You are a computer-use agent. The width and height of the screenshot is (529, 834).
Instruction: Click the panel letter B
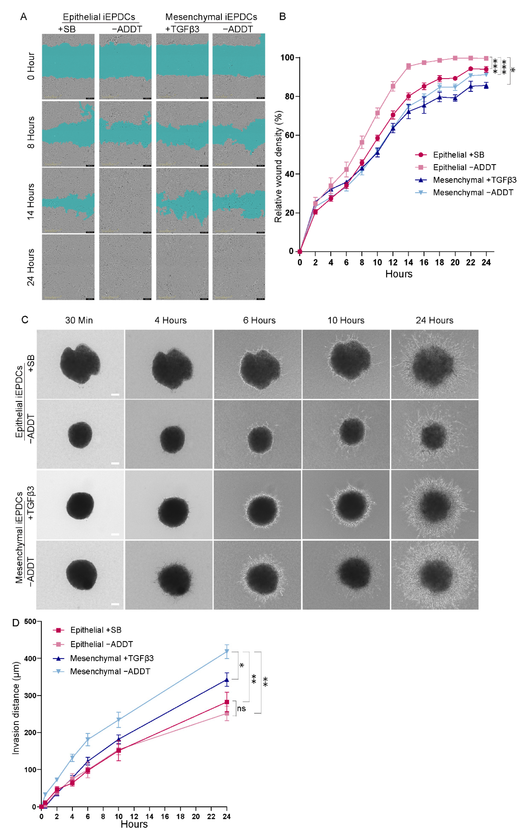pyautogui.click(x=282, y=17)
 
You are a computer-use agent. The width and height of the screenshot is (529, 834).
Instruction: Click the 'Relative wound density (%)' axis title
pyautogui.click(x=278, y=166)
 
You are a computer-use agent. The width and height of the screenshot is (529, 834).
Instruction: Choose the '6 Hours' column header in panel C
pyautogui.click(x=259, y=320)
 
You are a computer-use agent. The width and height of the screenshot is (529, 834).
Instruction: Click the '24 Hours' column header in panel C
pyautogui.click(x=434, y=320)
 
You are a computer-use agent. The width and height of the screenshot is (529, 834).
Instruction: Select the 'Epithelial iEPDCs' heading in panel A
pyautogui.click(x=99, y=17)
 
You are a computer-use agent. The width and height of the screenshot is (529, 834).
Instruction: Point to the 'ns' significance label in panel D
pyautogui.click(x=242, y=709)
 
